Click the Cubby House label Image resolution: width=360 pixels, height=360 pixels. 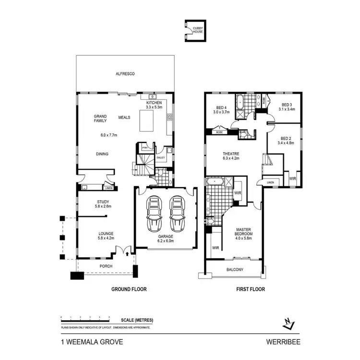coord(197,30)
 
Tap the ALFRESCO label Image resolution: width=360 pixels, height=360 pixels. coord(125,74)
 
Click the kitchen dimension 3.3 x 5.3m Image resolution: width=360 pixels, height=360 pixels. coord(155,108)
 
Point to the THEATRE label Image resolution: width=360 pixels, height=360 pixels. coord(231,154)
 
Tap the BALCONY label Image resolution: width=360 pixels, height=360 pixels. coord(235,270)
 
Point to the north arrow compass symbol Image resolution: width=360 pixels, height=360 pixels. coord(288,325)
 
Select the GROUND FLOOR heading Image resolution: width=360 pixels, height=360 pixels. coord(129,289)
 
